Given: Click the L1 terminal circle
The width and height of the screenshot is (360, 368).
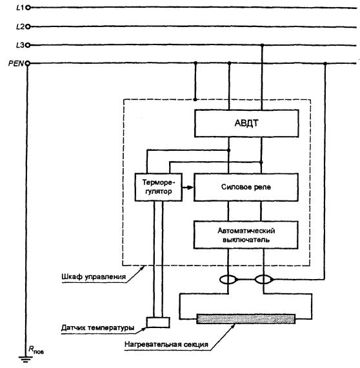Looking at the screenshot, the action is coord(28,8).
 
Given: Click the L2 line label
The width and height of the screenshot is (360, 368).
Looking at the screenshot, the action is coord(20,27).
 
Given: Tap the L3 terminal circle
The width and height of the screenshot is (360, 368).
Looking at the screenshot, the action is coord(28,45).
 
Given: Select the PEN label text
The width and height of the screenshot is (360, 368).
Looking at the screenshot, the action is coord(16,63).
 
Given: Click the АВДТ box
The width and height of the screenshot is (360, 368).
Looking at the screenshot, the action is coord(246,123).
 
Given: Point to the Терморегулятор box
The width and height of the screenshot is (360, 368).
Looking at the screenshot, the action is coord(159,187).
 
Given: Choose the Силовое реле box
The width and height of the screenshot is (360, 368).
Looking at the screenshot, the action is coord(246,187).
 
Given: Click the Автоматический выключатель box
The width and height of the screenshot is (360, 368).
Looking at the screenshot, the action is coord(246,235).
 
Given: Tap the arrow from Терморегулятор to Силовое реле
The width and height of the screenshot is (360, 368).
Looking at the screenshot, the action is coord(188,188).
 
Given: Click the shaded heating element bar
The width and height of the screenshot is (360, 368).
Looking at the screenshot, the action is coord(246,319).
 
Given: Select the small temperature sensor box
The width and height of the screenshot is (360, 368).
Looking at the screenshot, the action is coord(158,322).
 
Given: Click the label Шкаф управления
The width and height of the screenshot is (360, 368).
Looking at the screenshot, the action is coord(94,276).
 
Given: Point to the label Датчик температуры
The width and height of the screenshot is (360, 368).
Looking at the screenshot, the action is coord(97,327).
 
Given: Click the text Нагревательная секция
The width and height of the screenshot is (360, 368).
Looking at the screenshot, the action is coord(166,344).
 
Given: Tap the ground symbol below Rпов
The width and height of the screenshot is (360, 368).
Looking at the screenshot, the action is coord(26,360).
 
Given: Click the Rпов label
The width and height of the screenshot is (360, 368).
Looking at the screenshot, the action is coord(36,350).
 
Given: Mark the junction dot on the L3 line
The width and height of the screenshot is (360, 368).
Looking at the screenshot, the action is coord(262,45).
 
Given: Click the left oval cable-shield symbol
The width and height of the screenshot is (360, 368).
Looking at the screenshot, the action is coord(228,280).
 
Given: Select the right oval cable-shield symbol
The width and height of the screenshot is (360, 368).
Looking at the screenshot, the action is coord(264,280).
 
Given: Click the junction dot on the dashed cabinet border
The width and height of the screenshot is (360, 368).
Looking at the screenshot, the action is coord(195,99).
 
